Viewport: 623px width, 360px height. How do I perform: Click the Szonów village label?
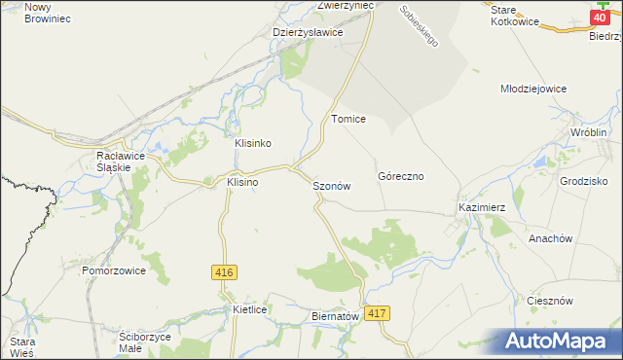click(330, 185)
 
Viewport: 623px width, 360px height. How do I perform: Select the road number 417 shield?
click(379, 313)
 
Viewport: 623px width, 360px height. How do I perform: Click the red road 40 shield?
click(601, 17)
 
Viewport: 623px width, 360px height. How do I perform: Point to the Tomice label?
click(348, 119)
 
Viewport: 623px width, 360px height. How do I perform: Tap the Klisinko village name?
click(252, 143)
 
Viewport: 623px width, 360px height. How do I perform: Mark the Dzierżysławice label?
click(308, 32)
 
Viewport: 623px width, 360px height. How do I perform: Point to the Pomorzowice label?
click(114, 270)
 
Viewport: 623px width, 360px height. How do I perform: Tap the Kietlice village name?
click(250, 308)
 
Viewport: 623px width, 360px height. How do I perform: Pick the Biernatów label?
click(335, 316)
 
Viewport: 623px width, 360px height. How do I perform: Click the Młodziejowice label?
click(532, 89)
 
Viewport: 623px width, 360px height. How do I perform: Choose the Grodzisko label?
click(584, 181)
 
